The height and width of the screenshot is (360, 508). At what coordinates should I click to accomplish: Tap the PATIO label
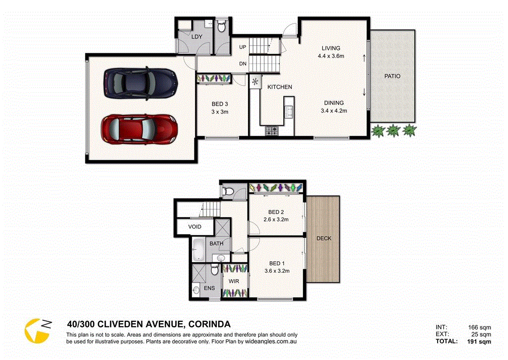coord(392,76)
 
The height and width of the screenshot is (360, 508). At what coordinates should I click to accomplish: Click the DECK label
coord(323,239)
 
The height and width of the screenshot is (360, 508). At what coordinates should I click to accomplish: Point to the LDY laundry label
coord(197,37)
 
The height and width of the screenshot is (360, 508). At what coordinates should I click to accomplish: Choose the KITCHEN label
coord(280,87)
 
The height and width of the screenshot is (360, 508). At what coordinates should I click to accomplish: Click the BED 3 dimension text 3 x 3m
coord(220,112)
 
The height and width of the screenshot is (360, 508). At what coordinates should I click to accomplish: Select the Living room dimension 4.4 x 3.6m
coord(331,56)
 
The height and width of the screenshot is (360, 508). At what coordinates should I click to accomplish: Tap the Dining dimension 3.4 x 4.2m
coord(334,111)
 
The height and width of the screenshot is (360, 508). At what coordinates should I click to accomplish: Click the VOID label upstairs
coord(194,227)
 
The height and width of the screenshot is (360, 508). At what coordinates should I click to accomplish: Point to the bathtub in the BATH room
coord(198,249)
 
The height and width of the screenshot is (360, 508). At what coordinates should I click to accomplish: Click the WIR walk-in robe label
coord(233,281)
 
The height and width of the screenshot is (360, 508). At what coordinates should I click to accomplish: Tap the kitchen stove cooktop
coord(272,131)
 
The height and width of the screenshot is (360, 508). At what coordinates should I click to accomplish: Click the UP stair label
coord(243,47)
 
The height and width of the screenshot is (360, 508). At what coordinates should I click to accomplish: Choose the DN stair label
coord(243,64)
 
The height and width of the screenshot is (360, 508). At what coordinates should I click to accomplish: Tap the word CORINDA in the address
coord(209,324)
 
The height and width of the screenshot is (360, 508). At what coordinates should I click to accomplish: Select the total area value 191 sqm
coord(479,342)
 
